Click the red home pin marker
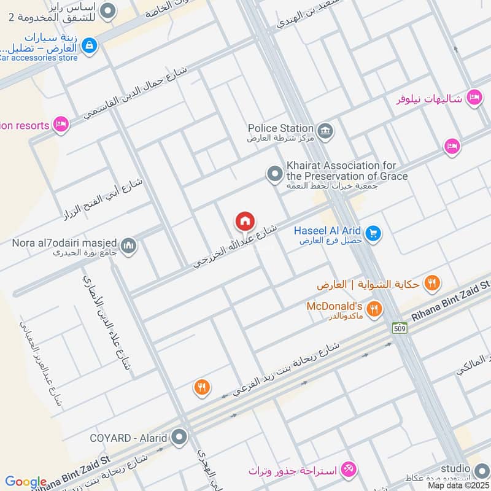pos(245,221)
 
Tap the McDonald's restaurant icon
pos(374,309)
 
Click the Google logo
pos(25,482)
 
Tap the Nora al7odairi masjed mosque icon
pos(128,246)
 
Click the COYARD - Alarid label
pos(128,438)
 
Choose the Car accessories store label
pos(39,58)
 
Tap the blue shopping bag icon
pos(90,45)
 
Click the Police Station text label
pos(280,128)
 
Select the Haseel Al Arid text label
pos(327,230)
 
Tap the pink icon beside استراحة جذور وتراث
pos(348,470)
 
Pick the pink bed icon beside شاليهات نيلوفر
pos(473,97)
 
